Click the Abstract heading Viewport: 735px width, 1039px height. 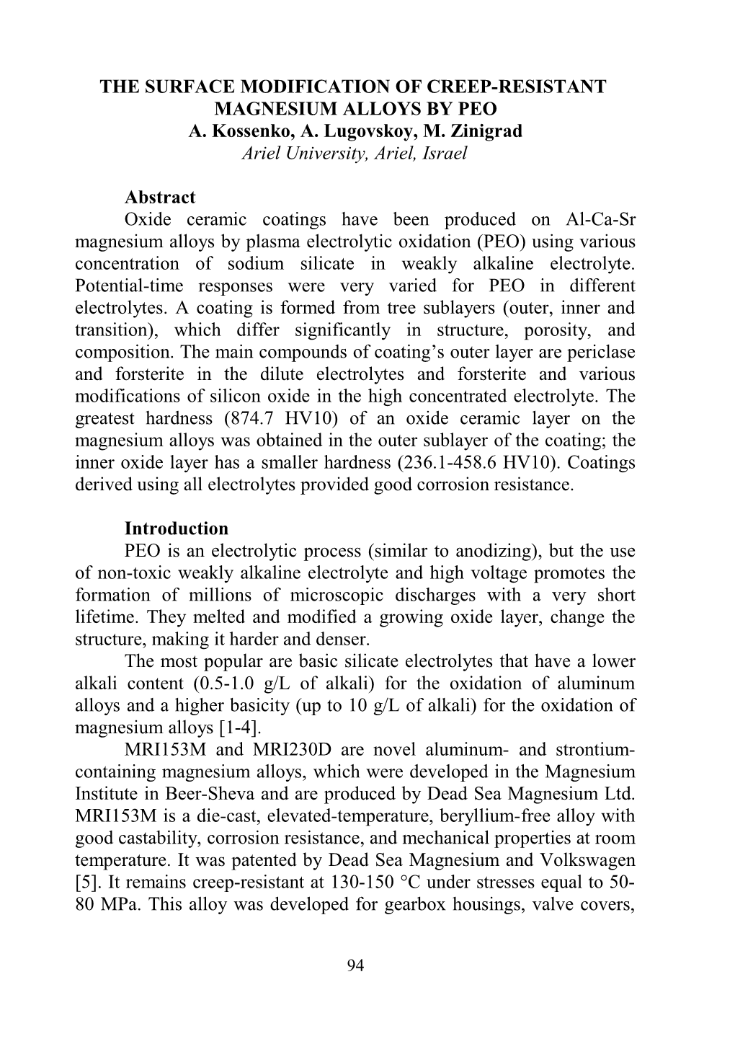(160, 198)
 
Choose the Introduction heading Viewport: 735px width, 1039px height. (176, 529)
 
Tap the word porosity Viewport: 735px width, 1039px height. (535, 330)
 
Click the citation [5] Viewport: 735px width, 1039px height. (85, 882)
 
